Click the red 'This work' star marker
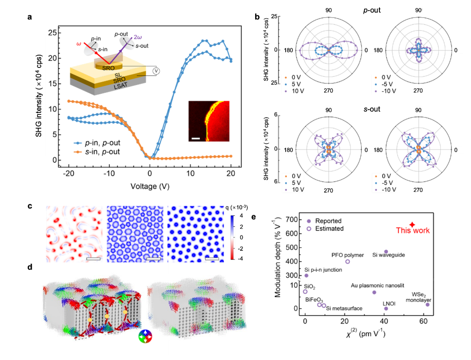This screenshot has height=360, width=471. [412, 225]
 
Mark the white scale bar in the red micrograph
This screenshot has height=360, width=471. [196, 138]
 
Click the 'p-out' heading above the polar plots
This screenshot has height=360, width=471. [369, 11]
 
